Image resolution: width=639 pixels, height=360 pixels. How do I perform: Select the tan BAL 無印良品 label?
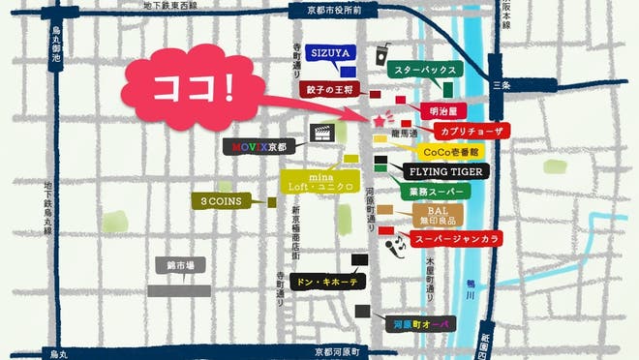tap(439, 215)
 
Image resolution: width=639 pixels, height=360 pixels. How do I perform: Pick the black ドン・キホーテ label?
tap(326, 282)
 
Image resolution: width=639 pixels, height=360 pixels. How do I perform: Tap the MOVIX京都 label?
tap(260, 148)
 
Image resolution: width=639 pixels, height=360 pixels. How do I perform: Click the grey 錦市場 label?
tap(181, 266)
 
